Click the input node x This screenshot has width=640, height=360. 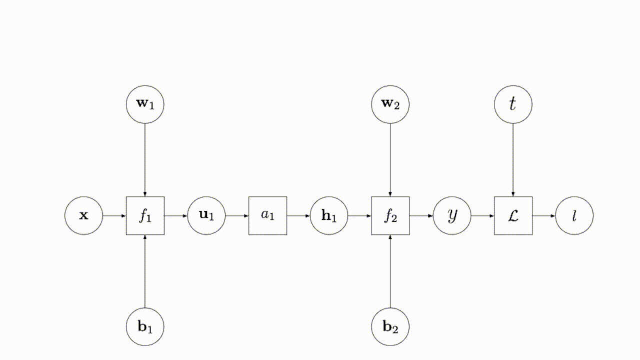point(83,215)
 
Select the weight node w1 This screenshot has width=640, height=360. point(145,104)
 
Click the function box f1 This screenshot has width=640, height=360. point(145,215)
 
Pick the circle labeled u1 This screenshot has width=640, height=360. point(206,215)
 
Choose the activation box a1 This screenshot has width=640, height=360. point(268,215)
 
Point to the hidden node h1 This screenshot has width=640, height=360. point(329,215)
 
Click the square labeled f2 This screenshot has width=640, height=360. point(390,215)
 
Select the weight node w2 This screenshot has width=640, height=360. point(390,104)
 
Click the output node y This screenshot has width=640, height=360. point(452,215)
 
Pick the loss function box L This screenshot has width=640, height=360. point(513,215)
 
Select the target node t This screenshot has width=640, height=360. point(513,104)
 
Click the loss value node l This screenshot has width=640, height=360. point(574,215)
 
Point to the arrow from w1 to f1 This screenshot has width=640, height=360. point(145,160)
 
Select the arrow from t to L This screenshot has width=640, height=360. point(513,160)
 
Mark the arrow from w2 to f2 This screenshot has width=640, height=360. point(390,160)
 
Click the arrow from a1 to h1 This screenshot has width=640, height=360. point(298,215)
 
